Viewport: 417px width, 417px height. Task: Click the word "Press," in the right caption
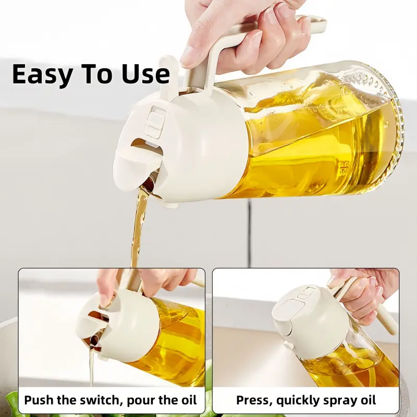254,400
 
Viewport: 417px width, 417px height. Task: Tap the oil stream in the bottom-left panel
92,365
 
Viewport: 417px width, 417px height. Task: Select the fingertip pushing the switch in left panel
106,299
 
